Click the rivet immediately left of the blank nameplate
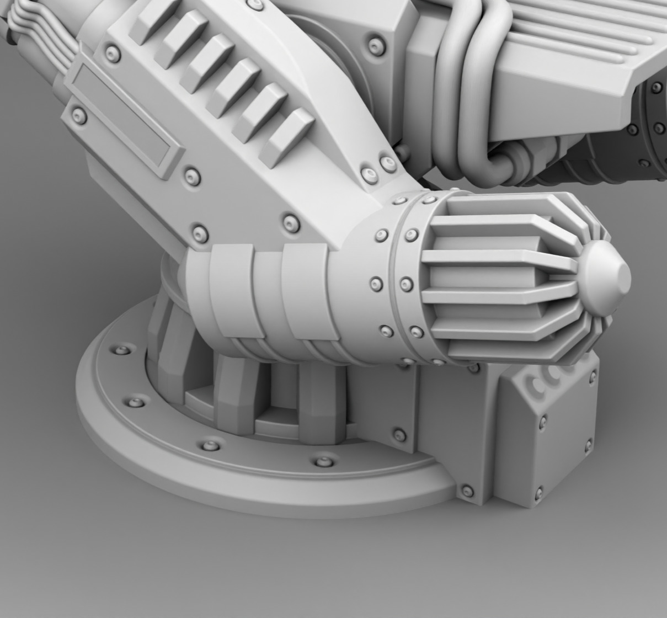(x=79, y=115)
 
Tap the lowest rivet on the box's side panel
(x=539, y=491)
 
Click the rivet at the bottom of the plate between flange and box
(x=467, y=491)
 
